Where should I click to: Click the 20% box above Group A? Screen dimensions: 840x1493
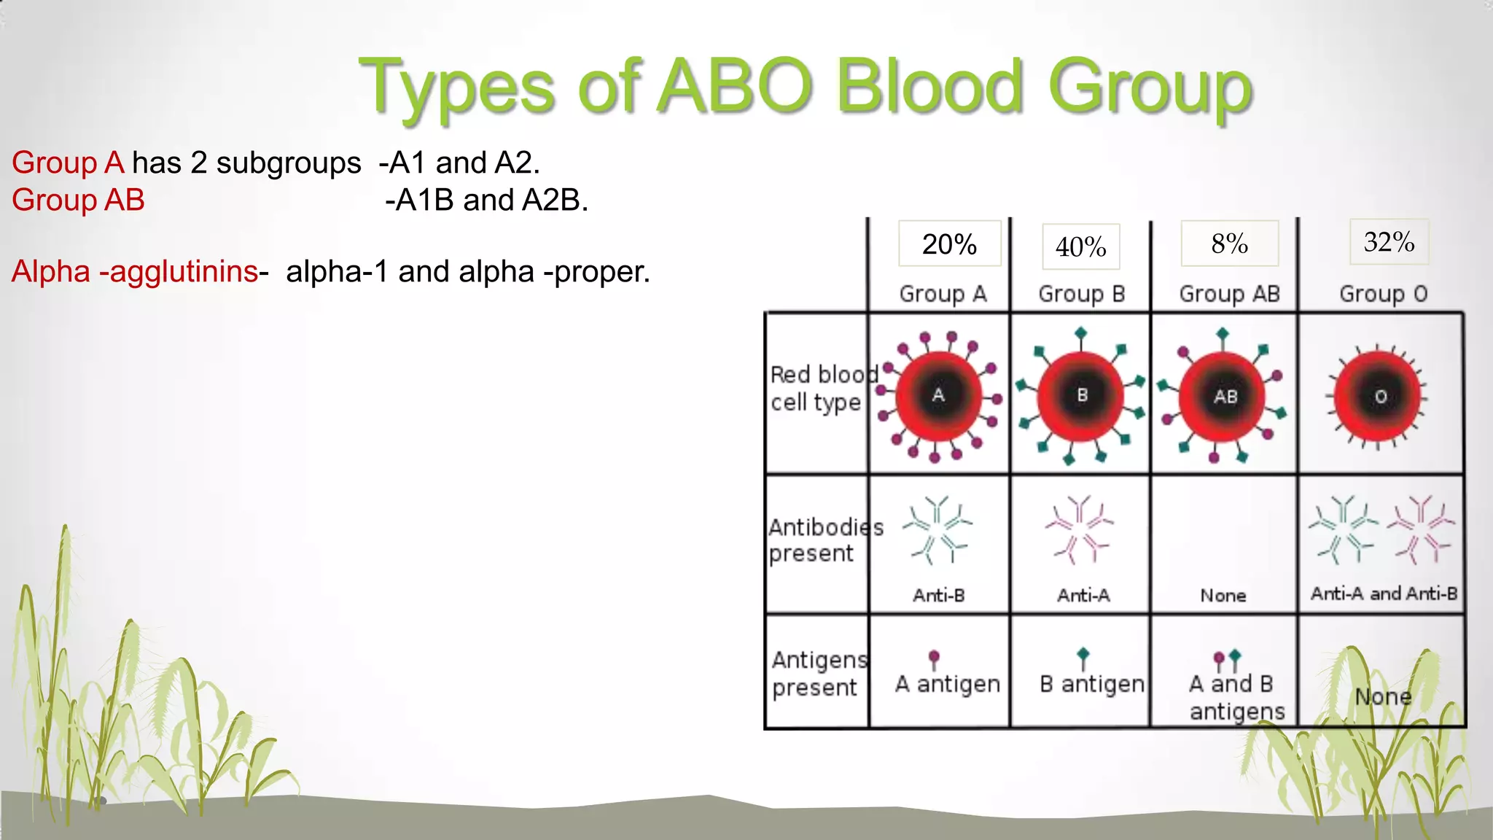(949, 244)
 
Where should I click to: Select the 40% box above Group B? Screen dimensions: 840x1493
(1080, 247)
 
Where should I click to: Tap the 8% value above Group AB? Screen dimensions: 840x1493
(1229, 244)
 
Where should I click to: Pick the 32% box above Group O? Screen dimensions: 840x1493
(1389, 242)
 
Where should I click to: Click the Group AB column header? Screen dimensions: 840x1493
(1229, 294)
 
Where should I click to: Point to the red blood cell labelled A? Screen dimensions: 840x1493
(938, 396)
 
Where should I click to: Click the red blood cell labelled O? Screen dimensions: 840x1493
(1378, 397)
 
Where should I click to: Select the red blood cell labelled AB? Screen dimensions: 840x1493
(1224, 397)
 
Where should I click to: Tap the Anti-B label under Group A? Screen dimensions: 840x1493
(939, 596)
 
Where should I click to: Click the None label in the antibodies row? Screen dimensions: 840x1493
(1223, 596)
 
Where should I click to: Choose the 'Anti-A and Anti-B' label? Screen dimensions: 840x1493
(1384, 594)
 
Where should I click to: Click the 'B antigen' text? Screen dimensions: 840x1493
(1091, 684)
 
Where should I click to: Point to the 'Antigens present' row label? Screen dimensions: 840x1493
(818, 674)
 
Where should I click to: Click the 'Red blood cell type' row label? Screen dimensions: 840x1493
(820, 388)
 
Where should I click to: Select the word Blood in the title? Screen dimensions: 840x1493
(929, 87)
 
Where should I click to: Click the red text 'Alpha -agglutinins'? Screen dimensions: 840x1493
(135, 271)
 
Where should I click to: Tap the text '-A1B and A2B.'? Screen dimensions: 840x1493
(486, 200)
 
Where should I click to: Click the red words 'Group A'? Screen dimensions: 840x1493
(68, 163)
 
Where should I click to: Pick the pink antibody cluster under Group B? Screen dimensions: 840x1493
(1079, 530)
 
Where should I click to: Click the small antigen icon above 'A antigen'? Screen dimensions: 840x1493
(934, 659)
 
